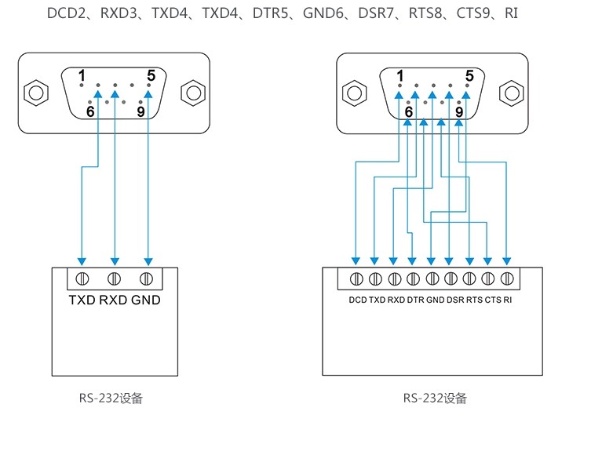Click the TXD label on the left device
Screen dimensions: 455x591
point(82,300)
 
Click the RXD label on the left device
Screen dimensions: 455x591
point(114,300)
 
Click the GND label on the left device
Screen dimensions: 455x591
point(146,300)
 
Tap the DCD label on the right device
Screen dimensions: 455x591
point(357,300)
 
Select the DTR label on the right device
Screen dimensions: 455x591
point(415,300)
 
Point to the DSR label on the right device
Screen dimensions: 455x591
point(455,300)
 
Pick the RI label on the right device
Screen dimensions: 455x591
point(508,300)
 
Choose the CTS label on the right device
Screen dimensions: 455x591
point(493,300)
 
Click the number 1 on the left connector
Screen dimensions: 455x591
point(82,75)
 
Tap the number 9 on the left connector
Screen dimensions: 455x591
point(141,111)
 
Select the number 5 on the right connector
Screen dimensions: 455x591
point(469,76)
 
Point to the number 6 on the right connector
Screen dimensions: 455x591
point(408,112)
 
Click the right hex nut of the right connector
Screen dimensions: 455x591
point(511,93)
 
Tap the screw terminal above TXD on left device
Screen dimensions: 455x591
point(82,278)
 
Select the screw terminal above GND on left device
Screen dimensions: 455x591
point(146,278)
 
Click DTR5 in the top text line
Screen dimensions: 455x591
point(271,13)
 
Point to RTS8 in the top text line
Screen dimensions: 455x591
point(424,13)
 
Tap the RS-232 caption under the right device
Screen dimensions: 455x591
point(435,398)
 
